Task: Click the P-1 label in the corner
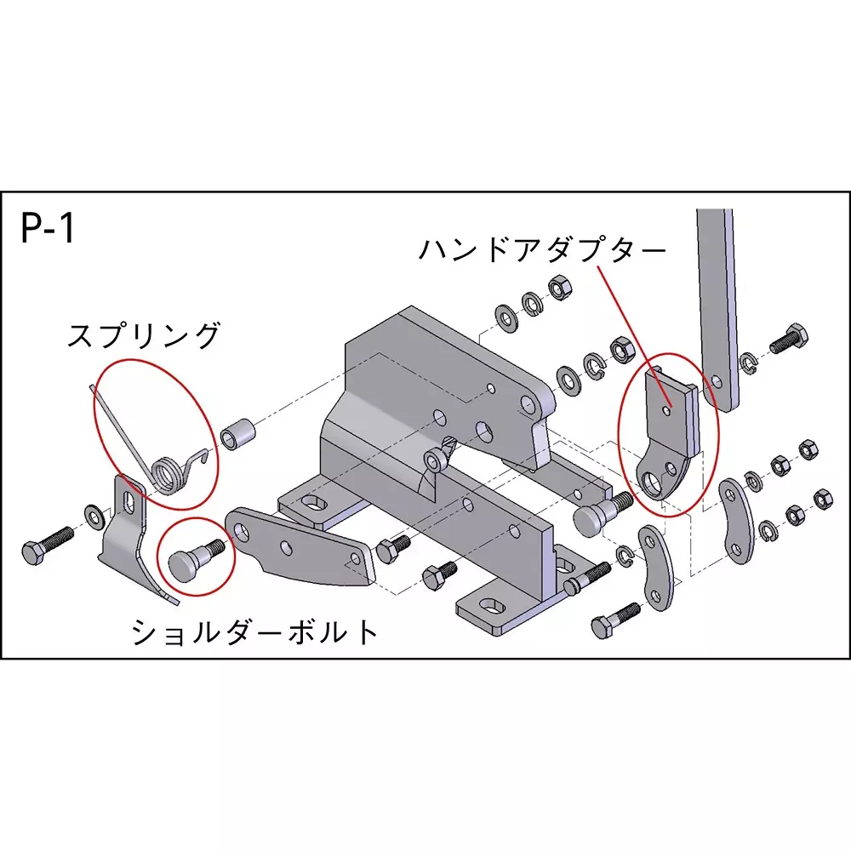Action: tap(47, 228)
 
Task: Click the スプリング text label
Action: tap(144, 334)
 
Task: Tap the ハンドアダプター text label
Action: tap(542, 250)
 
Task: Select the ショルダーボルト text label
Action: tap(255, 631)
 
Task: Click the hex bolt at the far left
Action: tap(48, 545)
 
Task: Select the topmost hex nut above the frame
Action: tap(559, 288)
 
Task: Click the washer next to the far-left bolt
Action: tap(95, 517)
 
